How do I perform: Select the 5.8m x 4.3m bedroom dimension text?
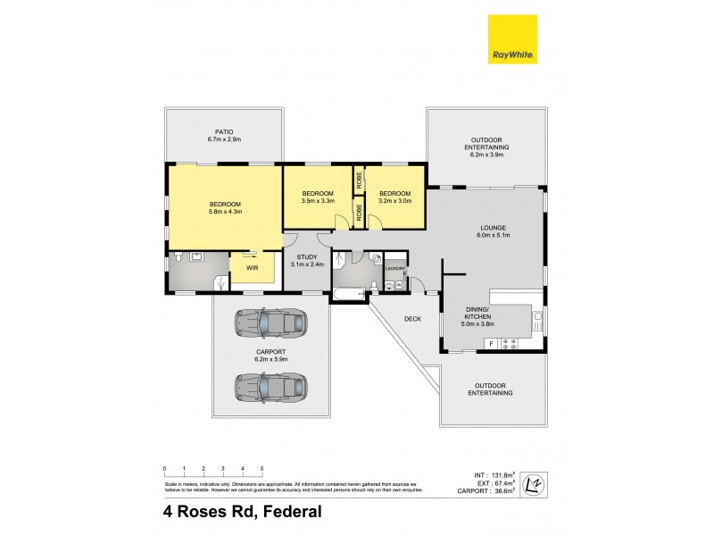pyautogui.click(x=225, y=212)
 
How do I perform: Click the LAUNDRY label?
pyautogui.click(x=395, y=268)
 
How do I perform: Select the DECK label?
pyautogui.click(x=412, y=318)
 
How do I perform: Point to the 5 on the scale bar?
pyautogui.click(x=262, y=468)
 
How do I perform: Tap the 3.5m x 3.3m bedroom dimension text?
pyautogui.click(x=317, y=202)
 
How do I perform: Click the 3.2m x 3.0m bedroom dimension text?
pyautogui.click(x=394, y=202)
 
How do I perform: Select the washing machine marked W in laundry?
pyautogui.click(x=398, y=286)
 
